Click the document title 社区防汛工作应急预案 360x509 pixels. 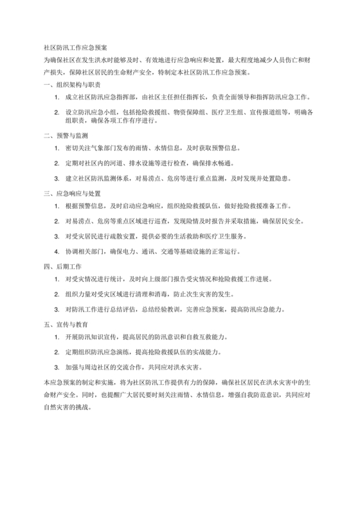(75, 47)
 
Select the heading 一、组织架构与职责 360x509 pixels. (71, 84)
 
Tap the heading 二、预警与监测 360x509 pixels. (67, 136)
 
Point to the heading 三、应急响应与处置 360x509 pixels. (71, 193)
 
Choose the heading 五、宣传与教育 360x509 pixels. (67, 323)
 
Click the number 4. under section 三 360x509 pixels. (57, 250)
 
